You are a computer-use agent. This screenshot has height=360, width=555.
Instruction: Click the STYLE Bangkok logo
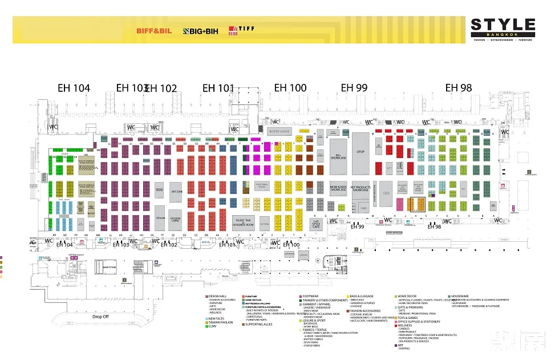[503, 29]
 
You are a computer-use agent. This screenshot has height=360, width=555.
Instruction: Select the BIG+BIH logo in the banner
[197, 30]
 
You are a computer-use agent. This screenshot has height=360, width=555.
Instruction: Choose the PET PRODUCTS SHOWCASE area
[360, 189]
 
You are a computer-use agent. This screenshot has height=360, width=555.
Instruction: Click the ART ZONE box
[176, 190]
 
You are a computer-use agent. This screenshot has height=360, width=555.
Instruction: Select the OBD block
[386, 193]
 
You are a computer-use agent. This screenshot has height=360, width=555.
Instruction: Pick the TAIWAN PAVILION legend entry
[221, 322]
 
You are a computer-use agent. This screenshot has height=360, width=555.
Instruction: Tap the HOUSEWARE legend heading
[460, 296]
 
